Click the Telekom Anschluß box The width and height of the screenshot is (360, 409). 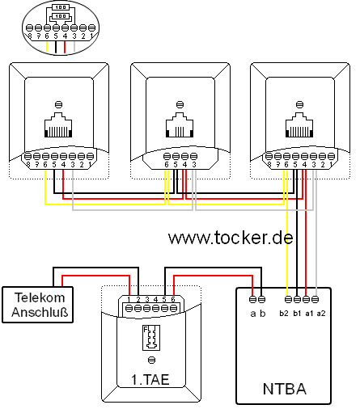click(38, 304)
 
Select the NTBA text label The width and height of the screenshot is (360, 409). click(284, 390)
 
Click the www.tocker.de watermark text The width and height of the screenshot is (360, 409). click(231, 238)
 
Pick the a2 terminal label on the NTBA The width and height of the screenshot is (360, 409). click(321, 312)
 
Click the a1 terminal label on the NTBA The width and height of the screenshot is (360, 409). click(310, 312)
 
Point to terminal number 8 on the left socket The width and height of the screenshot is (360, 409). click(28, 164)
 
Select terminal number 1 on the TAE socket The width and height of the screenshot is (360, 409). click(128, 299)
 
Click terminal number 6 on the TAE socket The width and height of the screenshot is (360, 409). click(172, 299)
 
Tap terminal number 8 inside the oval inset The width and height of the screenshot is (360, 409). click(29, 36)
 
